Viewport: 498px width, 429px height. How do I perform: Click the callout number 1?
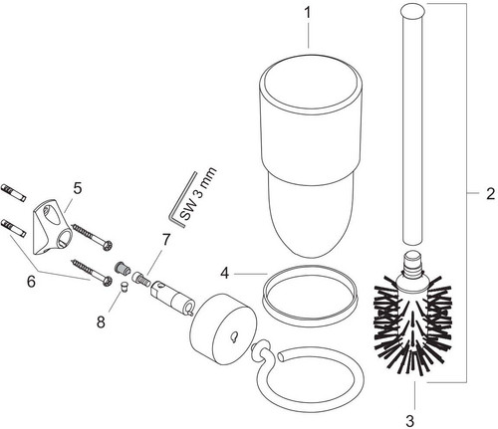[x=308, y=13]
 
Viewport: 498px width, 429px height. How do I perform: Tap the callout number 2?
[x=490, y=194]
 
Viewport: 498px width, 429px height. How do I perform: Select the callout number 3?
[x=410, y=421]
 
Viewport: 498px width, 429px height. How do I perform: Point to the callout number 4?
[x=225, y=274]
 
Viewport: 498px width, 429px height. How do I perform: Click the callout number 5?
[x=77, y=188]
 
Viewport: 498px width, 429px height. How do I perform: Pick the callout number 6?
[x=31, y=282]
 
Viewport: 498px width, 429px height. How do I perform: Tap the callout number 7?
[x=165, y=240]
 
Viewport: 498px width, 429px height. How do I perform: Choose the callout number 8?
[x=101, y=322]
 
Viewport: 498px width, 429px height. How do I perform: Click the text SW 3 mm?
[x=198, y=194]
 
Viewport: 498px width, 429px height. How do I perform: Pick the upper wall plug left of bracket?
[x=14, y=192]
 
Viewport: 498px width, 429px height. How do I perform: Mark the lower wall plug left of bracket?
[x=13, y=228]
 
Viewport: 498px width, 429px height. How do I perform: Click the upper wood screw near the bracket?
[x=93, y=237]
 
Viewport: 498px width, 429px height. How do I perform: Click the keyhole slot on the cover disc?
[x=234, y=336]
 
